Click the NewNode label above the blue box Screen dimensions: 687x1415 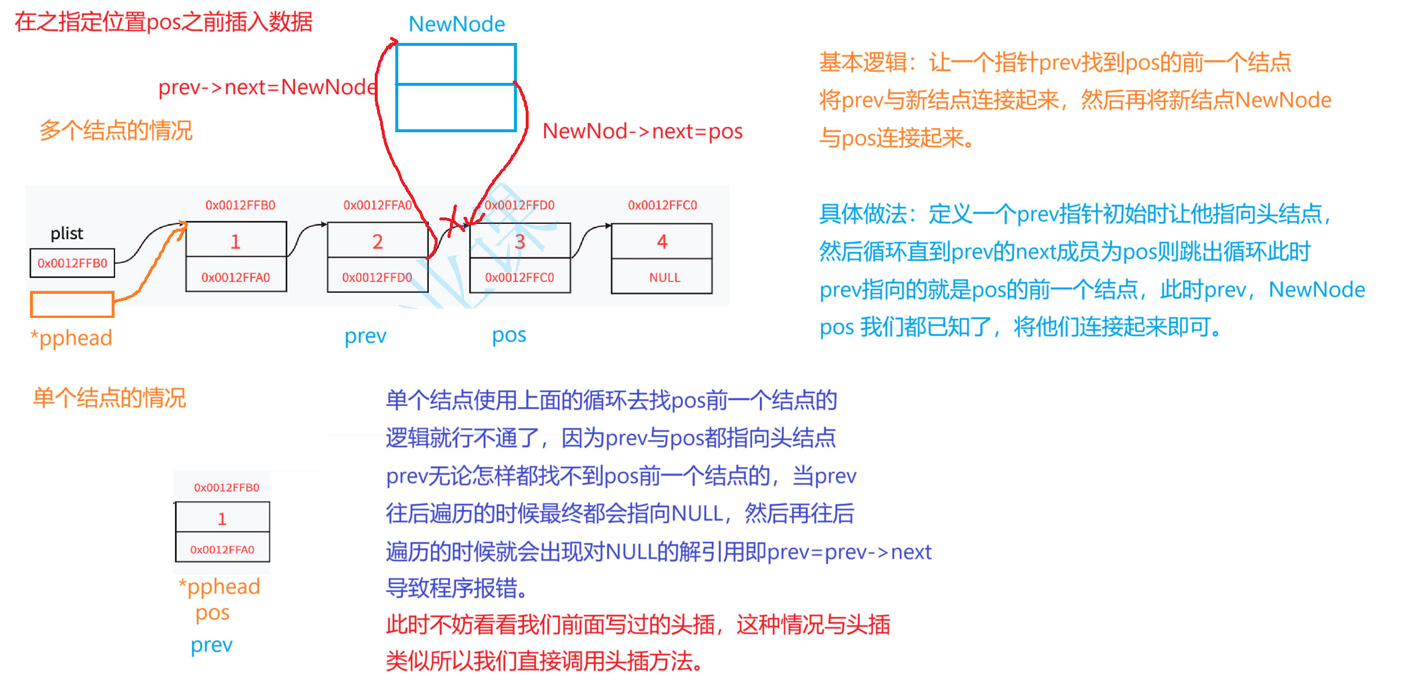click(x=456, y=24)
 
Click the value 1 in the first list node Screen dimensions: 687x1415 click(x=236, y=242)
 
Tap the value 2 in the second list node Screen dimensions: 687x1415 click(x=377, y=242)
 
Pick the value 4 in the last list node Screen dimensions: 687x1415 click(x=662, y=242)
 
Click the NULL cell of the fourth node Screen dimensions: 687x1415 click(x=664, y=277)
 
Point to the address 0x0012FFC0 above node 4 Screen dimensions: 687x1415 click(x=662, y=205)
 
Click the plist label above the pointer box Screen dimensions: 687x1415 click(x=67, y=233)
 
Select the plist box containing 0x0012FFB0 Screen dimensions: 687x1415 click(x=72, y=263)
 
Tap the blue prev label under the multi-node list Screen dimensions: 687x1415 click(x=365, y=336)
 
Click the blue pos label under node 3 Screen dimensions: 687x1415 click(x=509, y=335)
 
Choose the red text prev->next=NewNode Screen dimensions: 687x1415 click(x=267, y=87)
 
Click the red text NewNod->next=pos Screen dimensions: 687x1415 click(x=643, y=131)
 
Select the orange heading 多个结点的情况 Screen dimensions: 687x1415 click(x=116, y=130)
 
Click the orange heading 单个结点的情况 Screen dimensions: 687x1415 click(x=110, y=398)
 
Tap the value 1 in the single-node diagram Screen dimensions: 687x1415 click(x=222, y=518)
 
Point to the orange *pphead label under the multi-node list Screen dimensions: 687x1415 click(x=71, y=338)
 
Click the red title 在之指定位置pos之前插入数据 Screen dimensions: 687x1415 click(x=164, y=22)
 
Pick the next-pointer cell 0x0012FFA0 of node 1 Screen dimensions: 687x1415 click(x=236, y=277)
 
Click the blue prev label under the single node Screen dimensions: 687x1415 click(x=211, y=645)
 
